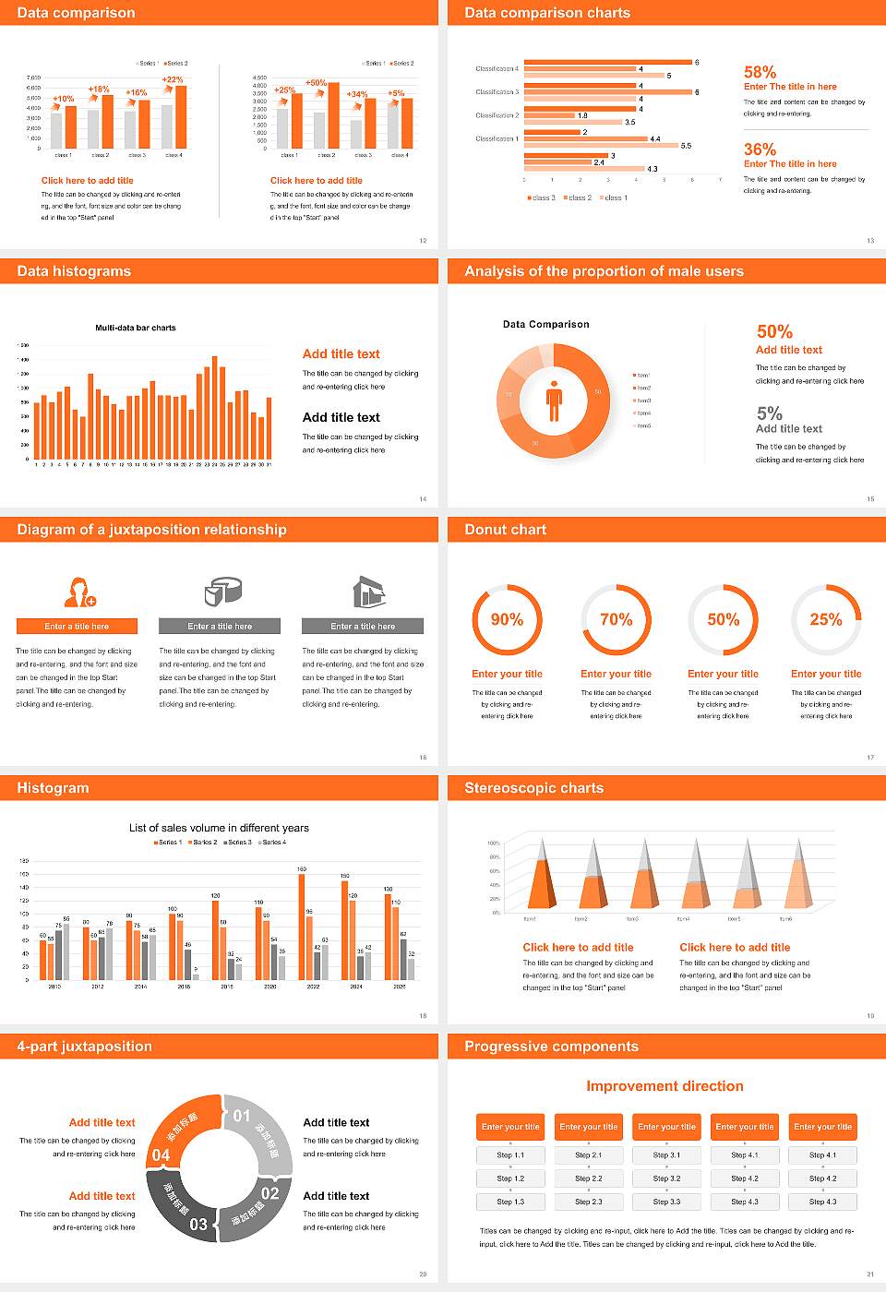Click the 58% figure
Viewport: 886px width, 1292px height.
(x=760, y=72)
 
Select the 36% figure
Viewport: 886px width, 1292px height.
(x=760, y=150)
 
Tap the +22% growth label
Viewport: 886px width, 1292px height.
(x=173, y=80)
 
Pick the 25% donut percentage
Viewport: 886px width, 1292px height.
(x=825, y=619)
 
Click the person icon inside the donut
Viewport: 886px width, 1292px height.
(x=554, y=400)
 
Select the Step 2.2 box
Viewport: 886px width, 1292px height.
(x=589, y=1178)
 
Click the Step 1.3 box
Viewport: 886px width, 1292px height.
(x=510, y=1202)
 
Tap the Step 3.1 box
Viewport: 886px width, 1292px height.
(x=666, y=1155)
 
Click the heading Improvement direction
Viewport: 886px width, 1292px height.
(x=664, y=1086)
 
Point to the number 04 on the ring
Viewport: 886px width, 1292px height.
(x=161, y=1154)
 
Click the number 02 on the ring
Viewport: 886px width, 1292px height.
(x=269, y=1192)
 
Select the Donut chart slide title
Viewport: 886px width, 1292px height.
(x=505, y=530)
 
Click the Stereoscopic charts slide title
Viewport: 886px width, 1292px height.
(x=533, y=788)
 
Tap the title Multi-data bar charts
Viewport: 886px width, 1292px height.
(x=136, y=328)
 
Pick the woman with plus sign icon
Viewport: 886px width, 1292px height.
(x=79, y=592)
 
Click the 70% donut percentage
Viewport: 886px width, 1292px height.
(x=616, y=619)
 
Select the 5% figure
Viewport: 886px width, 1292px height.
(x=769, y=413)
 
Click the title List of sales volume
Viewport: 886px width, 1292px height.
(x=219, y=828)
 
